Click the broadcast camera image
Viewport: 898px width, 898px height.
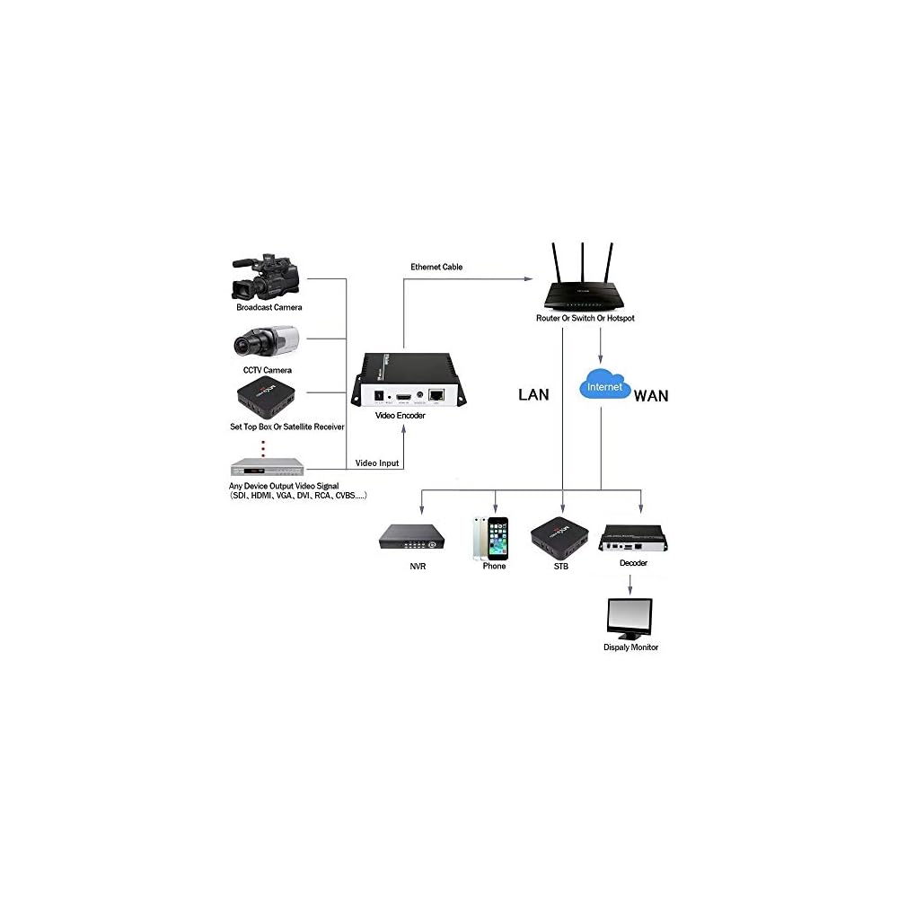click(268, 275)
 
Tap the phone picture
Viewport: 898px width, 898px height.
click(490, 538)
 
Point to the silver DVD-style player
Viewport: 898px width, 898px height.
click(268, 466)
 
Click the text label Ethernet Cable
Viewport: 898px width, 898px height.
click(436, 267)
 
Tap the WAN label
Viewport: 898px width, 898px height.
click(651, 395)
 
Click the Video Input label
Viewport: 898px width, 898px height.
click(377, 463)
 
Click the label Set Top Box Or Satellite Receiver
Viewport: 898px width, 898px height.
click(286, 427)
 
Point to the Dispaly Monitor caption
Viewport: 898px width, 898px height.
click(630, 647)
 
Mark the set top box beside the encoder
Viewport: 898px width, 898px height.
click(267, 398)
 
